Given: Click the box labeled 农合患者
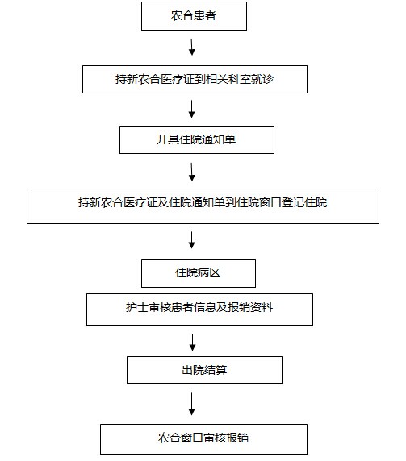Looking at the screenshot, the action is [194, 16].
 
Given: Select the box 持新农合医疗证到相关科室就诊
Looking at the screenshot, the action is [195, 79].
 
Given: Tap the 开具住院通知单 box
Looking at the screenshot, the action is [197, 140].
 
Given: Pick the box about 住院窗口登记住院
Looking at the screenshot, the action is [203, 206].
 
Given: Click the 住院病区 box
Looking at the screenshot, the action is [199, 273].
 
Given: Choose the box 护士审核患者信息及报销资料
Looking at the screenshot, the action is [199, 309].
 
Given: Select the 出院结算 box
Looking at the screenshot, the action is [204, 370].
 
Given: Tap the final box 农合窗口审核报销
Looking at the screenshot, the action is [203, 439].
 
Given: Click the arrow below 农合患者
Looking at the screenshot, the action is [191, 47].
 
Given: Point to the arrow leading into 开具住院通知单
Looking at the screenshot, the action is [191, 109].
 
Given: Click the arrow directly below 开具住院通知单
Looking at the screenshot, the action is [191, 172].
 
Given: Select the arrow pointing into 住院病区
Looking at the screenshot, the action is [191, 240].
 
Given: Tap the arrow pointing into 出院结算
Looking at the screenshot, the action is [192, 343].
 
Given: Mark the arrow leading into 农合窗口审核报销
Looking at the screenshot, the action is [191, 404].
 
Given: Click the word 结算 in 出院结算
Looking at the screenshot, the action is [216, 370].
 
